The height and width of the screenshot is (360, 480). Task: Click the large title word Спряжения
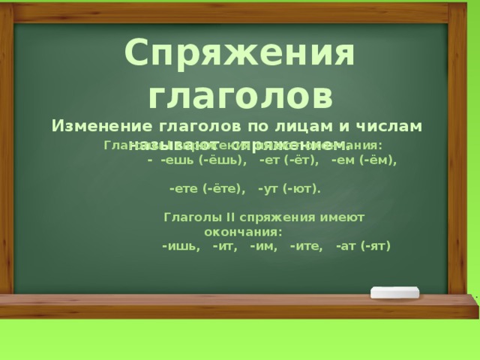pos(239,53)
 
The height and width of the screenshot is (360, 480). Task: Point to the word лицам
pos(298,126)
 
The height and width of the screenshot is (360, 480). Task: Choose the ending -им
pos(264,245)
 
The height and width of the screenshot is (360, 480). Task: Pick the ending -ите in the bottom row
pos(307,245)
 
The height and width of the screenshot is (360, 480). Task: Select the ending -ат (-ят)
pos(364,245)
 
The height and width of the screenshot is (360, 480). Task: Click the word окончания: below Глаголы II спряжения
pos(243,231)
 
